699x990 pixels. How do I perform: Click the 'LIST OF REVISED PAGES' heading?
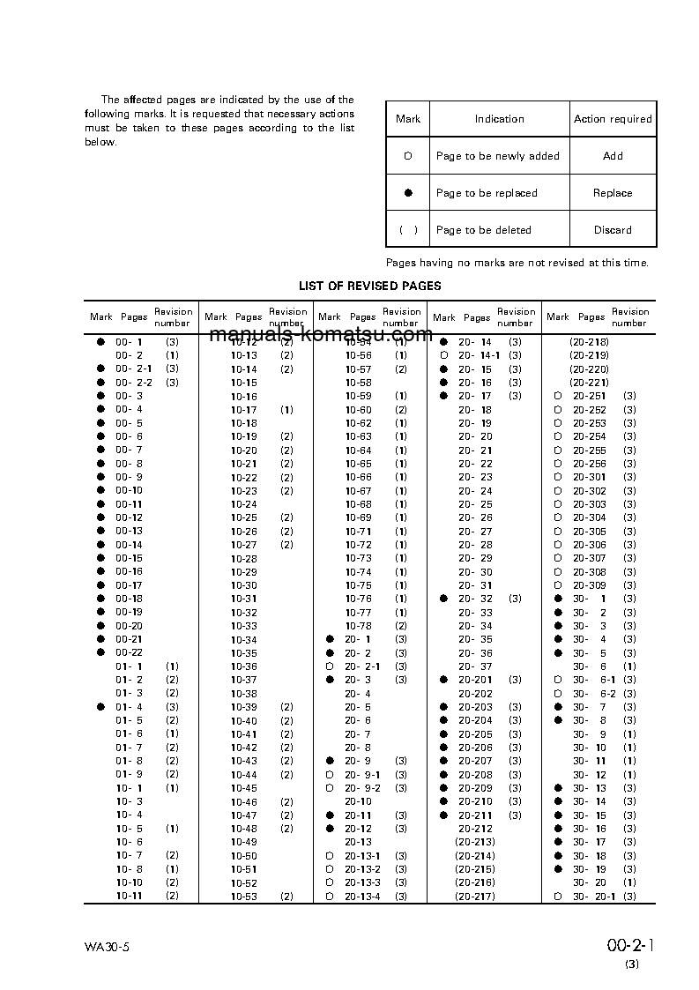(369, 286)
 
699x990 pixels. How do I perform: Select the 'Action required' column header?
(613, 119)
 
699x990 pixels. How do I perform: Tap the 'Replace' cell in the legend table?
(613, 193)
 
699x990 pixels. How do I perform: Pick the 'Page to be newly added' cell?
(497, 156)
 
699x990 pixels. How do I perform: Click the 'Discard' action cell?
(613, 230)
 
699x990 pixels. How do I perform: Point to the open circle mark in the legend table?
(408, 156)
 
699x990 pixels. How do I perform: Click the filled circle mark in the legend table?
(408, 193)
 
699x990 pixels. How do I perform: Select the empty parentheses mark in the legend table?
(408, 230)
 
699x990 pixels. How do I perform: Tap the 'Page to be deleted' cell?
(484, 230)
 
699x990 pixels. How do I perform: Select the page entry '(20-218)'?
(589, 342)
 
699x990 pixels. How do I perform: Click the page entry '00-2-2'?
(134, 383)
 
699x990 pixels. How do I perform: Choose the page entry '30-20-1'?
(594, 897)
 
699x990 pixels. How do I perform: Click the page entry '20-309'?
(590, 585)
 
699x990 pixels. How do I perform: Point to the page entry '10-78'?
(359, 626)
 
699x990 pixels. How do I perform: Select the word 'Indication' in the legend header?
(499, 119)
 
